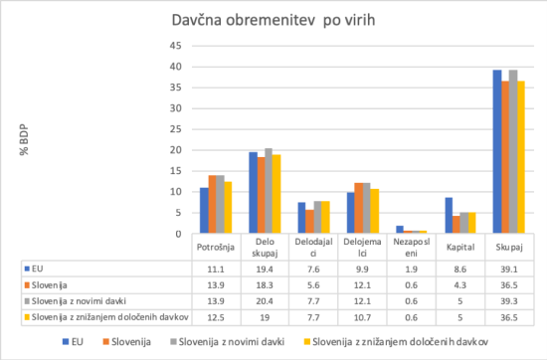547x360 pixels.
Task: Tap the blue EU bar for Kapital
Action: tap(450, 212)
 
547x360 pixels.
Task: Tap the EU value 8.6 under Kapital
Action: tap(461, 269)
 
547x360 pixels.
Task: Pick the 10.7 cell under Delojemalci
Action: tap(362, 317)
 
